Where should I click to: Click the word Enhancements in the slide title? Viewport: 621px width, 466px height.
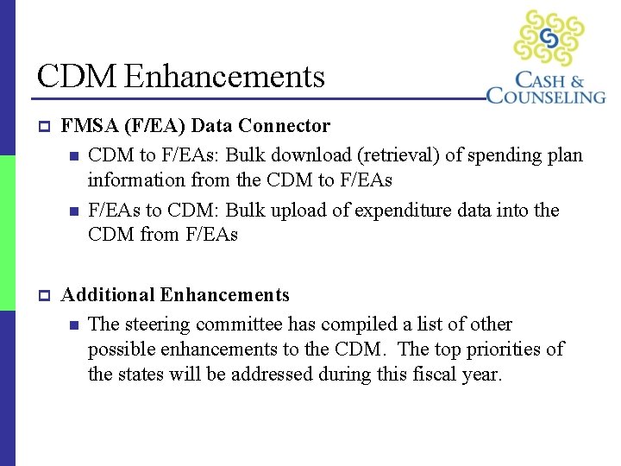point(224,77)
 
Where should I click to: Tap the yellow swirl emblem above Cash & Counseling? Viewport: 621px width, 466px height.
point(549,38)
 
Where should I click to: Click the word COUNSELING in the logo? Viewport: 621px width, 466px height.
point(546,96)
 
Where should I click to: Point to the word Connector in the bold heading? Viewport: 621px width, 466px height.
point(285,126)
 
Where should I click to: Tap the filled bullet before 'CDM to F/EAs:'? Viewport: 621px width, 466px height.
point(74,157)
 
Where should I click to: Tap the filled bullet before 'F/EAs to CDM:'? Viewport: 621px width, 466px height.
point(74,211)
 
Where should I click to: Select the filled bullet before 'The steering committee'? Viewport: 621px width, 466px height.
point(74,325)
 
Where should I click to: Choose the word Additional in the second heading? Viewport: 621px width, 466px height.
point(108,295)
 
